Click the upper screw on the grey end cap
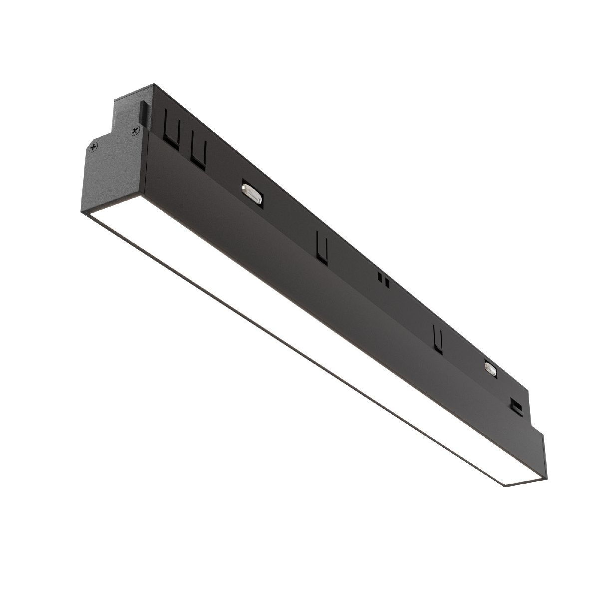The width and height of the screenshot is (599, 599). coord(134,131)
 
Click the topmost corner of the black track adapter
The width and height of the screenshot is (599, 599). coord(154,85)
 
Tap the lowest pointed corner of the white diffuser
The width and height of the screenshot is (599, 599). coord(506,486)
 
